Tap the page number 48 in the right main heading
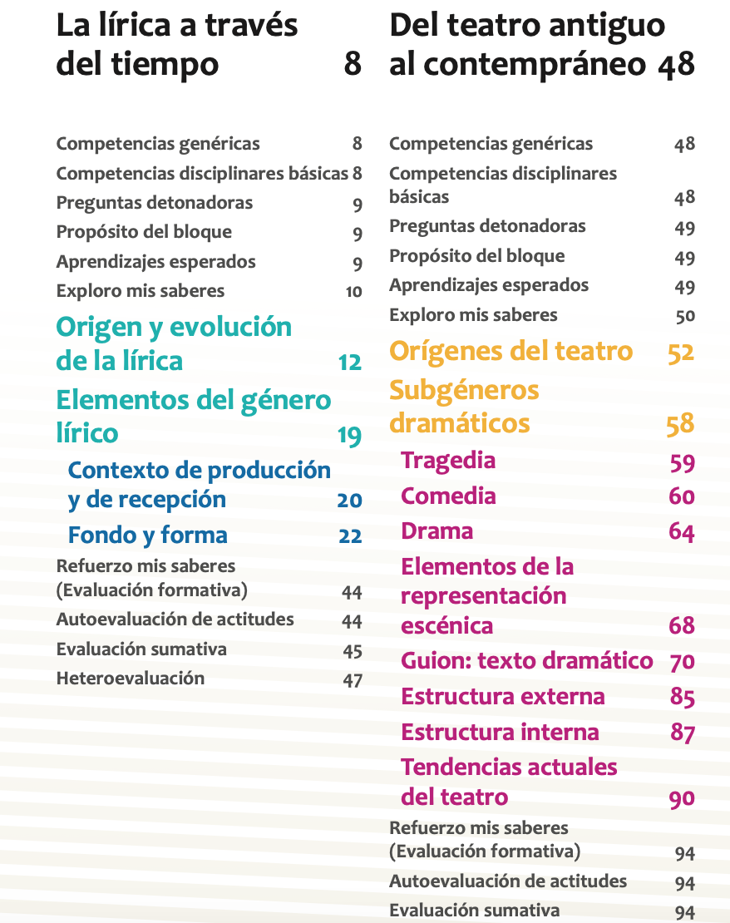pyautogui.click(x=675, y=64)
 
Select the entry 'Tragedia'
pyautogui.click(x=447, y=461)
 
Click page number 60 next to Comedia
pyautogui.click(x=681, y=496)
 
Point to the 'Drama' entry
pyautogui.click(x=437, y=531)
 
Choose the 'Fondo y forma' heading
pyautogui.click(x=147, y=535)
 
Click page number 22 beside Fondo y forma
pyautogui.click(x=350, y=536)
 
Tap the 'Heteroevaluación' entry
pyautogui.click(x=130, y=679)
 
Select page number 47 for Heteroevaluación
pyautogui.click(x=353, y=680)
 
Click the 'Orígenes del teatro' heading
pyautogui.click(x=511, y=351)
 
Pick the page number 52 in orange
pyautogui.click(x=680, y=353)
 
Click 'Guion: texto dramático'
pyautogui.click(x=526, y=661)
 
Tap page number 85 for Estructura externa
pyautogui.click(x=682, y=697)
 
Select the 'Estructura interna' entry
pyautogui.click(x=500, y=733)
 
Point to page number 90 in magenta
pyautogui.click(x=682, y=798)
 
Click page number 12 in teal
pyautogui.click(x=349, y=363)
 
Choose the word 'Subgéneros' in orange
pyautogui.click(x=464, y=390)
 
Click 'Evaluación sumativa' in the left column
pyautogui.click(x=141, y=649)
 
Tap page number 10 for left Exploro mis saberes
pyautogui.click(x=353, y=292)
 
